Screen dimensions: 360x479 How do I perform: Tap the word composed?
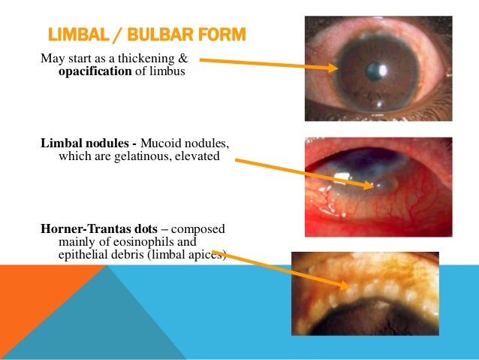click(x=198, y=228)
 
